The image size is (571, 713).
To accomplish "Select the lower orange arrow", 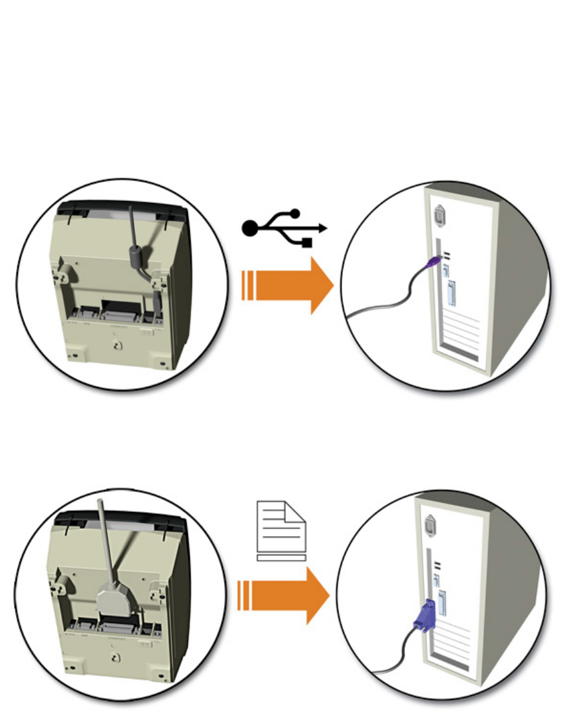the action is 292,594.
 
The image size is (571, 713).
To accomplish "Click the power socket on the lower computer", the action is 430,524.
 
